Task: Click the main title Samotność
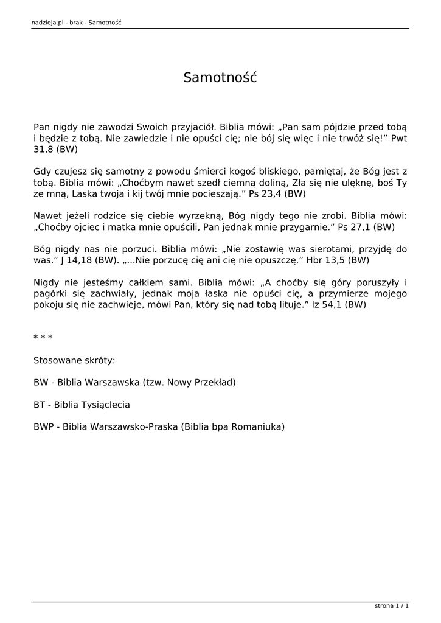(220, 77)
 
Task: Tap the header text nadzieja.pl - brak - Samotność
(76, 23)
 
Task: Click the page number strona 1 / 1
(392, 606)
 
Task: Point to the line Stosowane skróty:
(74, 360)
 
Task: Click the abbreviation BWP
(43, 426)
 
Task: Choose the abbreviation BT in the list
(40, 405)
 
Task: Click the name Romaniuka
(259, 426)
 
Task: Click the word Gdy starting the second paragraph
(43, 172)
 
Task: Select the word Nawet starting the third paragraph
(47, 216)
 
